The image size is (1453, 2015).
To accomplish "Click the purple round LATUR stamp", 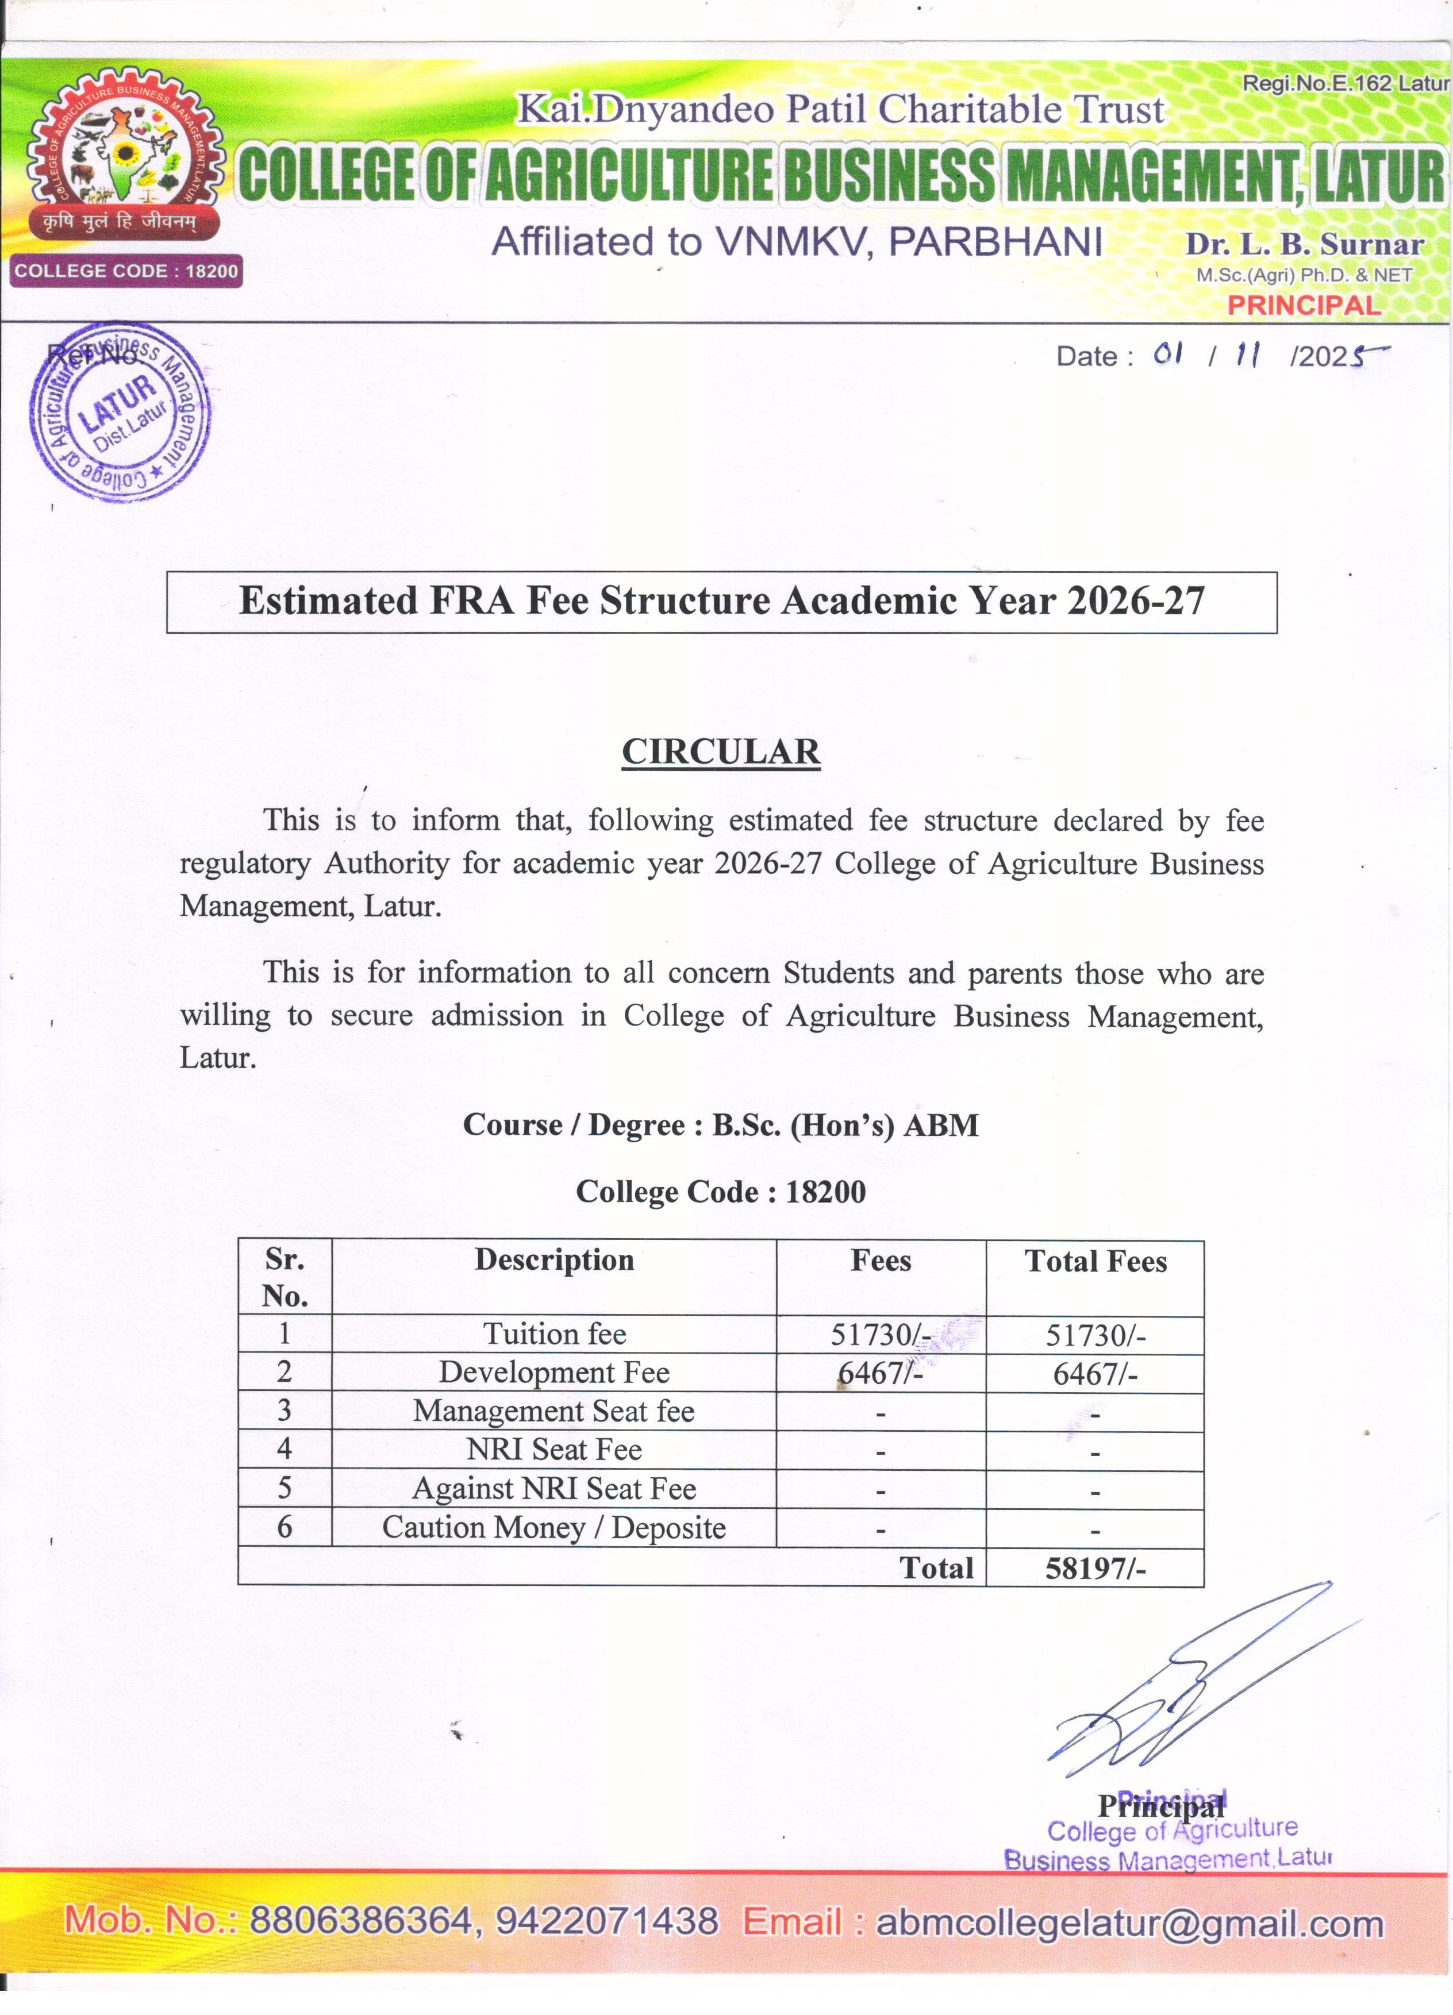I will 120,411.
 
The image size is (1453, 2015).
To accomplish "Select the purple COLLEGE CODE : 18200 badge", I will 126,271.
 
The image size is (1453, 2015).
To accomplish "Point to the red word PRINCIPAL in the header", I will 1304,306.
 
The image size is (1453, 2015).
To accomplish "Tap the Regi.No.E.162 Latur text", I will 1344,83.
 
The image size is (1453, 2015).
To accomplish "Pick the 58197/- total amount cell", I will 1095,1568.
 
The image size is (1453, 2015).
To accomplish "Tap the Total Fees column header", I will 1095,1262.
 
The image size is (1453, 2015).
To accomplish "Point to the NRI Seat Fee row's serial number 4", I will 285,1449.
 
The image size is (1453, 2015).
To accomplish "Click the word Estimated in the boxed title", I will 328,602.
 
